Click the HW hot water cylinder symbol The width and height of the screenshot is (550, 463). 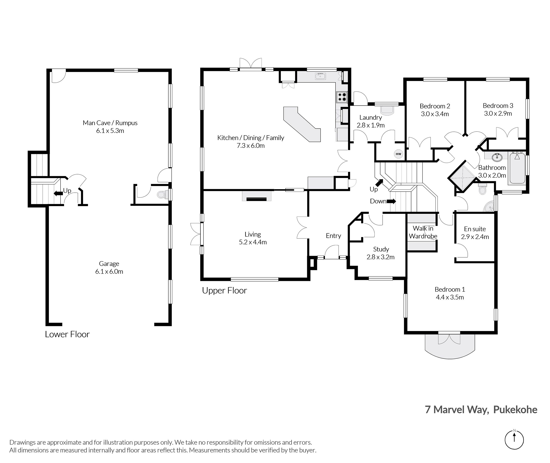coord(398,154)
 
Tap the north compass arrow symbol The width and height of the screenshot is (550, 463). coord(514,440)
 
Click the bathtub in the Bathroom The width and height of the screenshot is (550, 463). coord(517,168)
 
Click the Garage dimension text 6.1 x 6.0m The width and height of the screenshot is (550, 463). coord(109,272)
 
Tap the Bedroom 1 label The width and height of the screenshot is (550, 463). coord(450,289)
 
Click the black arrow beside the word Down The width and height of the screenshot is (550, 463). coord(391,201)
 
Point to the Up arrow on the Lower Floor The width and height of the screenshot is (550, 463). coord(58,193)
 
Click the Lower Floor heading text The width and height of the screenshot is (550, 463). coord(67,334)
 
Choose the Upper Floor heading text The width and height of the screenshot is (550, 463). coord(224,291)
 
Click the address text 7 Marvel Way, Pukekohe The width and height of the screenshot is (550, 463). coord(481,410)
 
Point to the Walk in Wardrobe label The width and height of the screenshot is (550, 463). coord(423,232)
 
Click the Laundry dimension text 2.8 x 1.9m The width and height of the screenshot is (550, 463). coord(371,125)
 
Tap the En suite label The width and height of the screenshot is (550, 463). coord(475,229)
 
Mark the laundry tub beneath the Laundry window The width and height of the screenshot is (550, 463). coord(387,110)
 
